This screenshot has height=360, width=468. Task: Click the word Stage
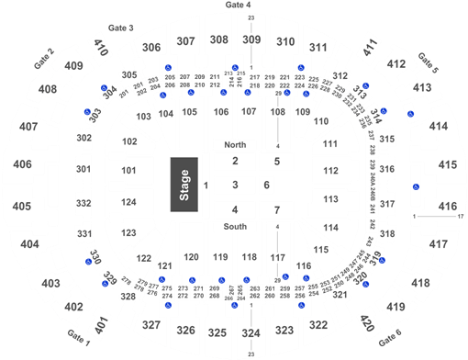click(184, 186)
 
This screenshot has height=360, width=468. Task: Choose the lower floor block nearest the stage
click(235, 209)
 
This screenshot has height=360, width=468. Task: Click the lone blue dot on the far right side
click(416, 186)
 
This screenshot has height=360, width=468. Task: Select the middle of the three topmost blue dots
click(235, 68)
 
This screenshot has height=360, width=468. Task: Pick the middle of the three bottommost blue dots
click(235, 304)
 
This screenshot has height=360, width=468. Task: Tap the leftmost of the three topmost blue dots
click(167, 68)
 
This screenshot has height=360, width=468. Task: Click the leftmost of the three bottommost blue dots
click(167, 304)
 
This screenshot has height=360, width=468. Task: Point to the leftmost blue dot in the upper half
click(88, 111)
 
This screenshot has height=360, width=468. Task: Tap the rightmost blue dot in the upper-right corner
click(410, 114)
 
